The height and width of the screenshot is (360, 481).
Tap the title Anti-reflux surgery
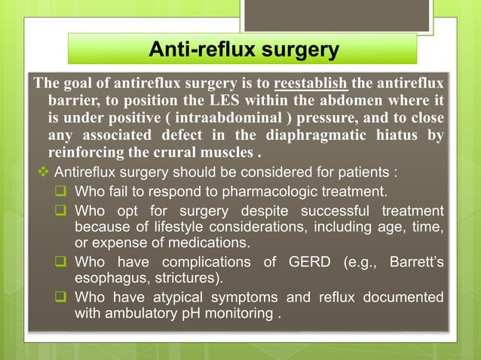click(x=243, y=50)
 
